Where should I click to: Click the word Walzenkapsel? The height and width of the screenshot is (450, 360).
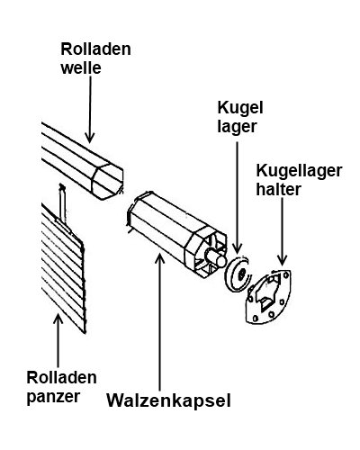[x=169, y=400]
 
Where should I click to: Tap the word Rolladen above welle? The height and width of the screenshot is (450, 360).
[x=96, y=49]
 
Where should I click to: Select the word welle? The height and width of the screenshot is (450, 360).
[x=81, y=67]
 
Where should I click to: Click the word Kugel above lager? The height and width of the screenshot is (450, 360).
[x=240, y=107]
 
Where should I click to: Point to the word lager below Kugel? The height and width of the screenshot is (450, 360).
[x=237, y=127]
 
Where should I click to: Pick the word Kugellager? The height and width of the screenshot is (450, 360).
[x=299, y=171]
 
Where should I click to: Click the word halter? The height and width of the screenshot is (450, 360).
[x=278, y=189]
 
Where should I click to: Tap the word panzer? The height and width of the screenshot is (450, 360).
[x=54, y=397]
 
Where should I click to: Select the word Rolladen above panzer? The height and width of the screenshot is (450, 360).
[x=62, y=377]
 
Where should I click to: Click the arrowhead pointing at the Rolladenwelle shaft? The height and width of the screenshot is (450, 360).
[x=90, y=138]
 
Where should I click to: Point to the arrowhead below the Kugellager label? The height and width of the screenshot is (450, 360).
[x=237, y=248]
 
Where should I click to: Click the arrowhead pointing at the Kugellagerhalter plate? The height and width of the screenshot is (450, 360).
[x=282, y=260]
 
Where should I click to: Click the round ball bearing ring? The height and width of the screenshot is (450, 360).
[x=231, y=274]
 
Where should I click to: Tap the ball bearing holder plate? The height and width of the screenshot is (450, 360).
[x=268, y=297]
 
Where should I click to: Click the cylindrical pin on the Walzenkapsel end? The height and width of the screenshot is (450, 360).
[x=215, y=257]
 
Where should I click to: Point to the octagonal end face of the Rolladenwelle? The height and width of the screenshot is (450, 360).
[x=107, y=181]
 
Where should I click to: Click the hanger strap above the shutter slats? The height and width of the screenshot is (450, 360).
[x=63, y=207]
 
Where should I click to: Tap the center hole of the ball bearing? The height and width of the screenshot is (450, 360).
[x=241, y=273]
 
